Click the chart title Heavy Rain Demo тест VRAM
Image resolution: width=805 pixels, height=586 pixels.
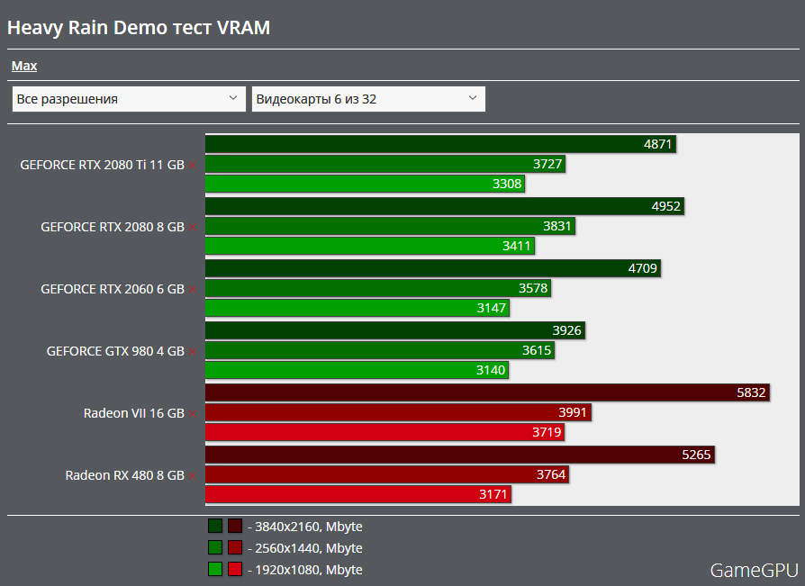tap(139, 28)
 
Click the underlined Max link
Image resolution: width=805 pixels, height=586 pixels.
tap(24, 66)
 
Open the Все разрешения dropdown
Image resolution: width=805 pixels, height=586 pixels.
tap(129, 99)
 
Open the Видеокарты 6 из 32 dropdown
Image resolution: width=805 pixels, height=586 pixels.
tap(368, 99)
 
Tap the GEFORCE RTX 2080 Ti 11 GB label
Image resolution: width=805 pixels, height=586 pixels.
tap(102, 165)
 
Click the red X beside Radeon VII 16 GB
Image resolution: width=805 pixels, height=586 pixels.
tap(193, 413)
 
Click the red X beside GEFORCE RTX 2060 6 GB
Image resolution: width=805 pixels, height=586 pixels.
tap(193, 289)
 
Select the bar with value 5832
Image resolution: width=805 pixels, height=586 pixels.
tap(487, 392)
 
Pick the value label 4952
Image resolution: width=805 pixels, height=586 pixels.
tap(665, 206)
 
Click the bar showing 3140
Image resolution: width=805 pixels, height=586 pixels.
tap(357, 370)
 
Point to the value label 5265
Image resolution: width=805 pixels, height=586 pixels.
tap(696, 455)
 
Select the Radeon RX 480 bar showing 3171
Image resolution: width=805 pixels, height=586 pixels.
tap(358, 494)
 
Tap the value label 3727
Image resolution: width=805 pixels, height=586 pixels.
tap(547, 164)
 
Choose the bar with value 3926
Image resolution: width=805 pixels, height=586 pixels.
tap(395, 330)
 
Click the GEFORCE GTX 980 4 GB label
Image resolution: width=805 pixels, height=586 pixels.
tap(115, 351)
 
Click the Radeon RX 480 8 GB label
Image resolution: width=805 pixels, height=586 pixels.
tap(124, 475)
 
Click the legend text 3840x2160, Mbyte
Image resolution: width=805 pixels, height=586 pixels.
tap(309, 527)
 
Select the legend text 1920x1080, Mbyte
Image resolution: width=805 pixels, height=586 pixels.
tap(309, 570)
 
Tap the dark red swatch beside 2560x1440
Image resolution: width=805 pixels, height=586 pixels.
tap(235, 548)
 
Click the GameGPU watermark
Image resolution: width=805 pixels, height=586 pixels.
tap(754, 570)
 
